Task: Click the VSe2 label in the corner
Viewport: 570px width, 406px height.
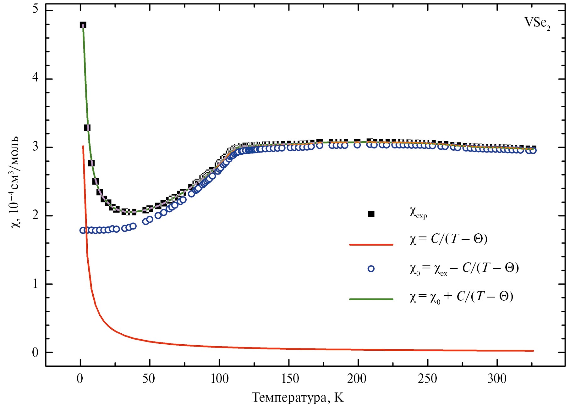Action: click(537, 23)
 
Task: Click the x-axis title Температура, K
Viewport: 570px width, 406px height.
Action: click(298, 398)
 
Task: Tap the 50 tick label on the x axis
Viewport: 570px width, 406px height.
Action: click(148, 379)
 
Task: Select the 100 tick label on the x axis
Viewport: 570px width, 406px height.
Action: click(219, 379)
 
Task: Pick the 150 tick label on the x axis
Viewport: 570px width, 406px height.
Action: click(290, 379)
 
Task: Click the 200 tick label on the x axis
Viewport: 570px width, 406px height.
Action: click(357, 379)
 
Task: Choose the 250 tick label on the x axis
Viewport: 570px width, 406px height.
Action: click(427, 379)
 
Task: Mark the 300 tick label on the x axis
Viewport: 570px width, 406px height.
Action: click(497, 379)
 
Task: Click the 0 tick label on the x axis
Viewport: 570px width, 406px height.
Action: click(80, 379)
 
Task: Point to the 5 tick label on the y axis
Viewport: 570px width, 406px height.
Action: click(35, 9)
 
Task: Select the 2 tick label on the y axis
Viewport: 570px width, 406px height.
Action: click(35, 215)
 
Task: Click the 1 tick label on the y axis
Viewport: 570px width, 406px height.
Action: click(35, 284)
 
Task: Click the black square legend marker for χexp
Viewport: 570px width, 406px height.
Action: click(371, 214)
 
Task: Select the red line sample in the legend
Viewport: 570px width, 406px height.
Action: click(371, 244)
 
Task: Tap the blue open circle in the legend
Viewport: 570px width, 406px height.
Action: click(371, 269)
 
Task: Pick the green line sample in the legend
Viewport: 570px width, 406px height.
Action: click(371, 299)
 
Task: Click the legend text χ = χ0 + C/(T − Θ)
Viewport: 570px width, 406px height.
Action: click(461, 297)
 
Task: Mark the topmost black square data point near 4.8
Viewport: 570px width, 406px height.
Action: click(83, 25)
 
